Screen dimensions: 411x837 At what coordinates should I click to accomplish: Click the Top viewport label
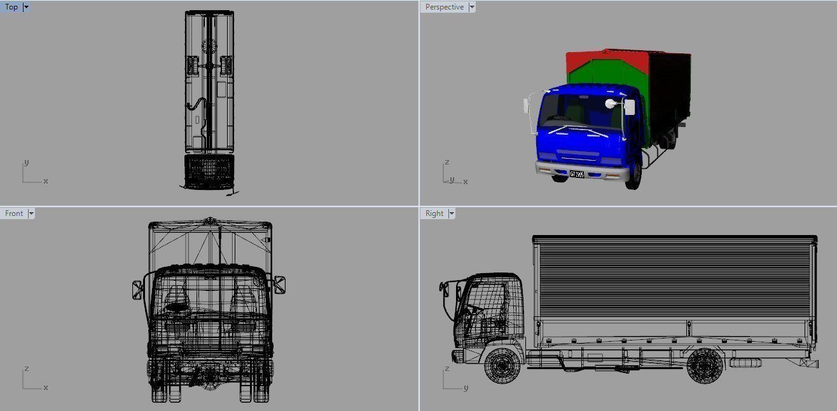[x=11, y=7]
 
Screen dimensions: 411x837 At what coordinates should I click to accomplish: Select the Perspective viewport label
[x=444, y=7]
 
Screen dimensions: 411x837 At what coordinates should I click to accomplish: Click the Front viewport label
[x=13, y=213]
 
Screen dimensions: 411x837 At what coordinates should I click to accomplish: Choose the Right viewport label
[x=434, y=213]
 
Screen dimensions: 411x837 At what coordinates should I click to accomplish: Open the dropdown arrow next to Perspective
[x=471, y=7]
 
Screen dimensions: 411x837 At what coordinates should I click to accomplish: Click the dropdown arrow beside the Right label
[x=452, y=213]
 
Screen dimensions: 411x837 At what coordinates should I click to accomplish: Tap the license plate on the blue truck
[x=577, y=173]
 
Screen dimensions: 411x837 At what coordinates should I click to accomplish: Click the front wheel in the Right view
[x=502, y=365]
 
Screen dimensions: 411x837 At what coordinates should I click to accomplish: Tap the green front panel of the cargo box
[x=601, y=76]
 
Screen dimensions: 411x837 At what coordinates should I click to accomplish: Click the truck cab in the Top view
[x=209, y=170]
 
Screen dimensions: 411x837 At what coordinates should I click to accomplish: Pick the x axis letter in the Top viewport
[x=46, y=181]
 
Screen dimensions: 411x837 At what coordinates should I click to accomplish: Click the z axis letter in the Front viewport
[x=26, y=368]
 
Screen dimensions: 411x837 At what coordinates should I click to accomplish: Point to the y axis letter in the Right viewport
[x=466, y=387]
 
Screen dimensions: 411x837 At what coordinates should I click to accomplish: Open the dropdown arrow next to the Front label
[x=31, y=213]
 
